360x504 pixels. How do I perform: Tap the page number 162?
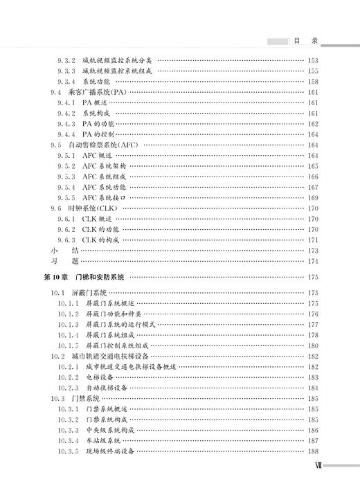pos(312,123)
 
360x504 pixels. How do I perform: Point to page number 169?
pos(312,197)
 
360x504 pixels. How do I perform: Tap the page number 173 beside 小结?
pos(312,250)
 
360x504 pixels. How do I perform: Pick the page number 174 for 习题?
pos(312,261)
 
